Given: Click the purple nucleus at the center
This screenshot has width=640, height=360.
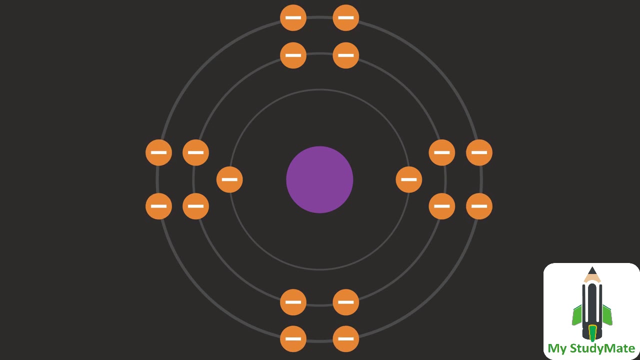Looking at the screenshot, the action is pos(319,179).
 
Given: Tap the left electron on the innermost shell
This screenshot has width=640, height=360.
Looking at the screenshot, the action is pos(229,179).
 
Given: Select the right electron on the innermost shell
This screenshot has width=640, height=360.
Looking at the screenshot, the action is pos(408,179).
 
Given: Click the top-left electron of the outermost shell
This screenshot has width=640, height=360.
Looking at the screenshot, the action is pos(293,18).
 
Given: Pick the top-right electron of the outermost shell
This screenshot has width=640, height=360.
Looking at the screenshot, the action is pos(345,18).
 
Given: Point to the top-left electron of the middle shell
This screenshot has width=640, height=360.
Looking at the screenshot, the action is pos(293,55).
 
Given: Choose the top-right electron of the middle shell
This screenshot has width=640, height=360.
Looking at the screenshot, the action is pos(345,55).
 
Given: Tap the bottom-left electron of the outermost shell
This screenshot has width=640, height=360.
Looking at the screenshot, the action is pos(293,338).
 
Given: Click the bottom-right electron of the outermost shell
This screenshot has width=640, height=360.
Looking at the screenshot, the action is pos(345,338).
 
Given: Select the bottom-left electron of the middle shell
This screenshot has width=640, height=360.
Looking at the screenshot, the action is pos(293,302).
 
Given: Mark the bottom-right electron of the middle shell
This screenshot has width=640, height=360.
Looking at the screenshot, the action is pos(345,302).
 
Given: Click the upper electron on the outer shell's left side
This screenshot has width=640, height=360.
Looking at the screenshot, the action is pos(158,152).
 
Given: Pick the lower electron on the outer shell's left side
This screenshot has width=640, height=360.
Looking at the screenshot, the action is pos(158,206).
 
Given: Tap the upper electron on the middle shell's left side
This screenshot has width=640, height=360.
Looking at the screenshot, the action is pos(195,152).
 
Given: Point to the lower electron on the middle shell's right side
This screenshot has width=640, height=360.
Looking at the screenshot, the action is pos(442,206).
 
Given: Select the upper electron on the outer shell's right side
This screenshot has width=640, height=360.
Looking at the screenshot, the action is pos(479,152).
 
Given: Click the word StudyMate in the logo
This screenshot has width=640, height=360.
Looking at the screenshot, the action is pos(602,348).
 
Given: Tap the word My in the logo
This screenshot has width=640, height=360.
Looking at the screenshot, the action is pos(557,348).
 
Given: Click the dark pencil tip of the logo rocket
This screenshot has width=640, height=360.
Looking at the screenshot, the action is pos(592,270).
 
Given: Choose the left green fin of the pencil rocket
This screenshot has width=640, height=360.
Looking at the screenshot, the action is pos(577,315).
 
